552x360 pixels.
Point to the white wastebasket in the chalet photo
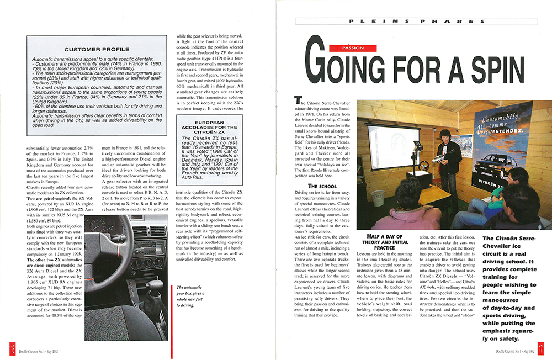378,197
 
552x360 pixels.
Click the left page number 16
12,350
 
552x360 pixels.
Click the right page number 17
540,350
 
